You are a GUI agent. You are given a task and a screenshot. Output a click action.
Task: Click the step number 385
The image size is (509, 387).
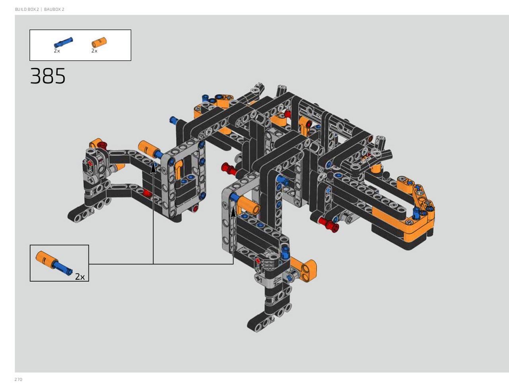(x=48, y=76)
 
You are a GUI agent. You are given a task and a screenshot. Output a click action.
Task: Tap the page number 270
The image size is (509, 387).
(x=18, y=379)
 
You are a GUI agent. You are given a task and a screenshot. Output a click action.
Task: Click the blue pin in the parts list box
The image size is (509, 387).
(x=63, y=43)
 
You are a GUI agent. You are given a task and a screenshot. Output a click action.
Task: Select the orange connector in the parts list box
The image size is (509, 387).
(x=99, y=43)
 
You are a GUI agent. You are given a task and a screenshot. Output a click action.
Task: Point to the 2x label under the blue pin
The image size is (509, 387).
(x=57, y=51)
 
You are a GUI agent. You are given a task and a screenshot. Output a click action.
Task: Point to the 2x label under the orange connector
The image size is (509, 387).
(x=94, y=51)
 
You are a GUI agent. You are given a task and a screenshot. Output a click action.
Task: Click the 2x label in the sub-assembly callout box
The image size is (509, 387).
(x=80, y=277)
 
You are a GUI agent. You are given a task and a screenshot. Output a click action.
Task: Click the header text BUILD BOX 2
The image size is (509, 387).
(x=27, y=9)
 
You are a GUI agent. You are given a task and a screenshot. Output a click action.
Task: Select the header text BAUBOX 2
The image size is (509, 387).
(x=54, y=9)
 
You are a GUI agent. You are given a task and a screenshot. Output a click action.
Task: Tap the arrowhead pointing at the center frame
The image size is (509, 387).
(x=233, y=213)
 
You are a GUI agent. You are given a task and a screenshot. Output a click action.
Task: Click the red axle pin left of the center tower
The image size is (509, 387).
(x=228, y=168)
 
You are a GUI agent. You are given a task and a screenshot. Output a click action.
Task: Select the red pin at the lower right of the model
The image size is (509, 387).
(x=329, y=224)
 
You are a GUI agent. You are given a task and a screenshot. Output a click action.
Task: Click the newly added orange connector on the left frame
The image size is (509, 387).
(x=147, y=148)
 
